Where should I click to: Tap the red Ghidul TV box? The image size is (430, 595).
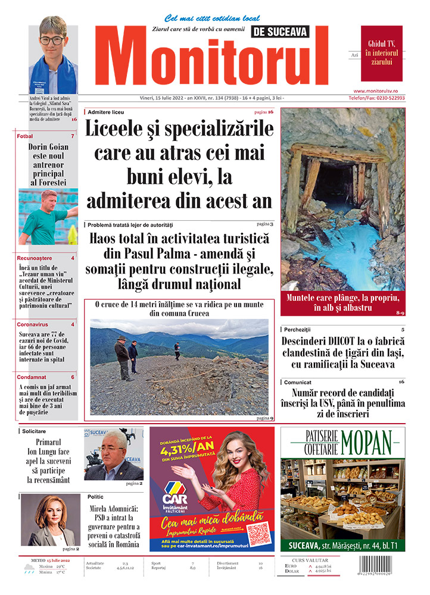tap(381, 53)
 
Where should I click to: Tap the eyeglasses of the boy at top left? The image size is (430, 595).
tap(52, 40)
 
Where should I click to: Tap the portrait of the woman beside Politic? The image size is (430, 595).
tap(51, 519)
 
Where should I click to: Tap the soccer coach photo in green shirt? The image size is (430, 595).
tap(48, 217)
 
